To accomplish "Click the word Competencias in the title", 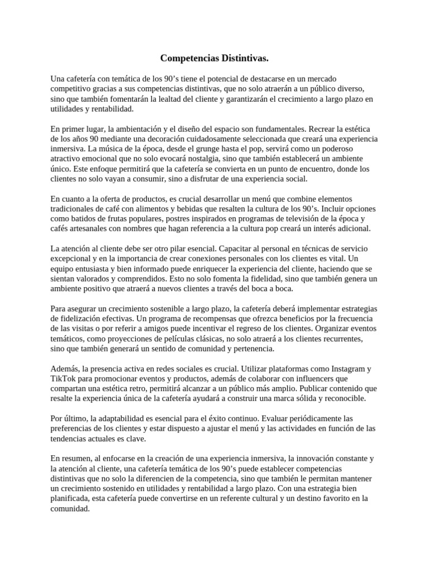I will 187,58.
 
